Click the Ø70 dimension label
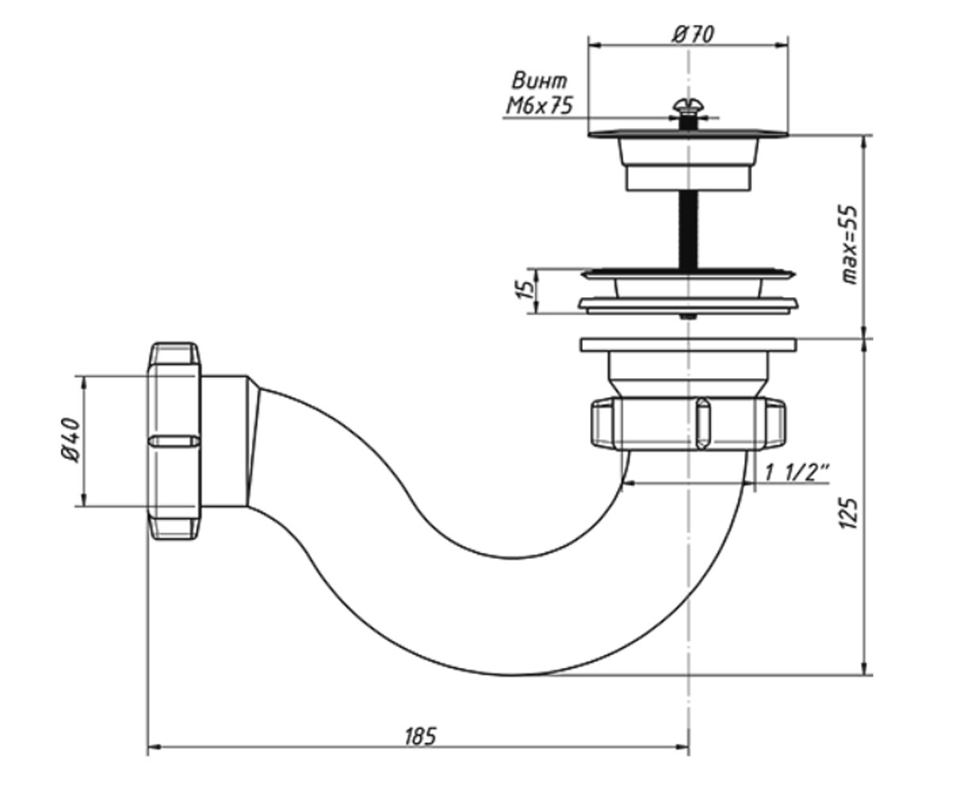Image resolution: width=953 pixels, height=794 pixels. tap(693, 34)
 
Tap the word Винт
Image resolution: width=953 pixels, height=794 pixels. tap(539, 81)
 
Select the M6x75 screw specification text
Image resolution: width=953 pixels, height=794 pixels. tap(539, 106)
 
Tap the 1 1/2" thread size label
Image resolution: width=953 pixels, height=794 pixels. tap(797, 472)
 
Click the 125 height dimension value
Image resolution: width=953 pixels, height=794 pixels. tap(849, 513)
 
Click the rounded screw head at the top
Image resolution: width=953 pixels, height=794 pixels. tap(689, 106)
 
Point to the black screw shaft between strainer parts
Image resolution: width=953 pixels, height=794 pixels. tap(688, 229)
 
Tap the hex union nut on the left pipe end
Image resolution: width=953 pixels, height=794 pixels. tap(175, 441)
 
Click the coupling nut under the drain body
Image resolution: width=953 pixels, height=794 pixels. tap(689, 424)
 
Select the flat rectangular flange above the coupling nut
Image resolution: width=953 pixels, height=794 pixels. tap(689, 345)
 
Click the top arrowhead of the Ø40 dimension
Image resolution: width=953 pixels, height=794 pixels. tap(83, 384)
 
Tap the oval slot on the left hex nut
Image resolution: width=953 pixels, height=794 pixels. tap(175, 441)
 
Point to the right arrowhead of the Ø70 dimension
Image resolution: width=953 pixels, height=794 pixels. tap(781, 45)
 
